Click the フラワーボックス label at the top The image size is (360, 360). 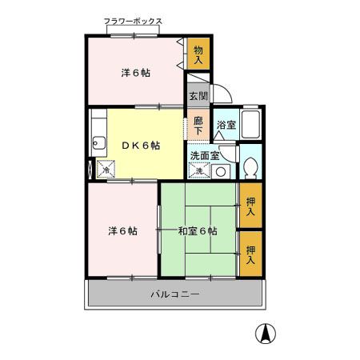click(x=133, y=22)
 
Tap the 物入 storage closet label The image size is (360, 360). click(x=198, y=54)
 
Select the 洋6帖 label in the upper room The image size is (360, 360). click(x=135, y=73)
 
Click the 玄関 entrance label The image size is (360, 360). click(x=198, y=95)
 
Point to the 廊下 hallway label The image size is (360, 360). click(x=199, y=126)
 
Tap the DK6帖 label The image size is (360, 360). click(x=141, y=146)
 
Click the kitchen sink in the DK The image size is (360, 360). click(x=98, y=144)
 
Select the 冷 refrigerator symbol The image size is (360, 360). click(x=106, y=170)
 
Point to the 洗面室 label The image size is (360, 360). click(x=204, y=155)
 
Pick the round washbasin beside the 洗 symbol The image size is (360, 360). click(x=222, y=171)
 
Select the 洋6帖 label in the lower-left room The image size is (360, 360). click(x=122, y=231)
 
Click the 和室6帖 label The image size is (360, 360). click(x=197, y=231)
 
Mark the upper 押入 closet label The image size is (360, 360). click(x=250, y=206)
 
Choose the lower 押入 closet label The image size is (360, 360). click(x=250, y=254)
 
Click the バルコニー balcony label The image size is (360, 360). click(x=174, y=294)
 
